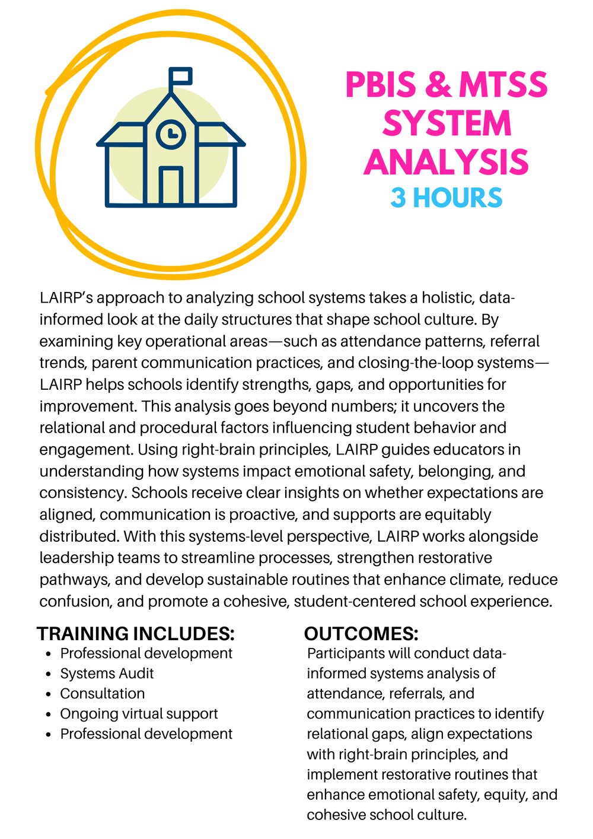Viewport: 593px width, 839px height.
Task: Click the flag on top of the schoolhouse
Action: pos(181,77)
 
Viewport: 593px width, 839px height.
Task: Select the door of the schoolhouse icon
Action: pos(171,185)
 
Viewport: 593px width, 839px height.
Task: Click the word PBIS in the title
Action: pos(381,85)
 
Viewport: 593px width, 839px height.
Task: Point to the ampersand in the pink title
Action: pos(438,85)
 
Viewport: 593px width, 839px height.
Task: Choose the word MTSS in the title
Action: pos(503,85)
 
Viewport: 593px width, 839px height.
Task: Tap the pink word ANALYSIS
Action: pos(446,162)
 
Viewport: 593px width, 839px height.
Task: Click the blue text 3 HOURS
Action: pos(446,198)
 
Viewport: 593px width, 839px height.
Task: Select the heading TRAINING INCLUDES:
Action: pos(136,634)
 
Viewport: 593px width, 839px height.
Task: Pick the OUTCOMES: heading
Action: pos(361,634)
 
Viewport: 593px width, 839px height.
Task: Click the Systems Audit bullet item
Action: pos(107,673)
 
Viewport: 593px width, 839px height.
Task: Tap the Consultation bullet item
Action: pos(103,694)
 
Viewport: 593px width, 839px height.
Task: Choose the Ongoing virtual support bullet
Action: pos(139,714)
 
